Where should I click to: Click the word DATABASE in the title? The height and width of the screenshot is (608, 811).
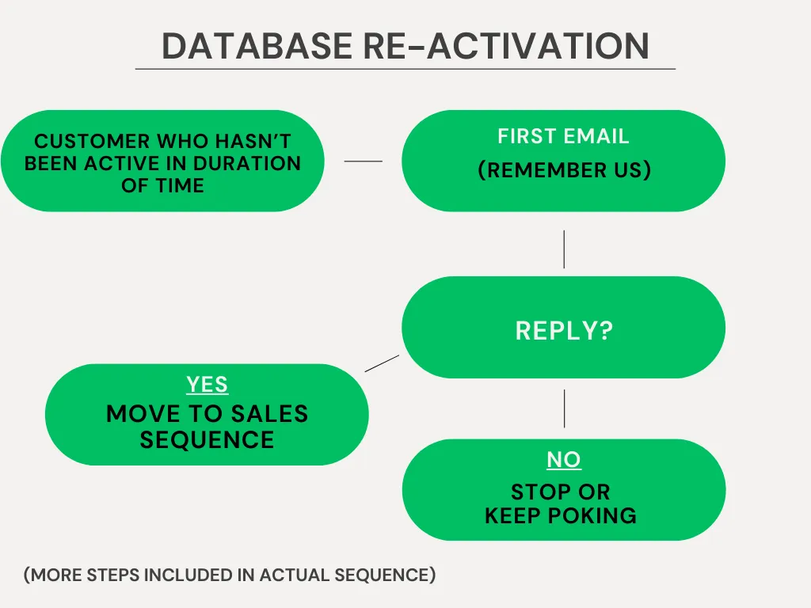[x=257, y=46]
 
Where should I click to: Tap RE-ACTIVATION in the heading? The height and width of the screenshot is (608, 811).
[x=506, y=46]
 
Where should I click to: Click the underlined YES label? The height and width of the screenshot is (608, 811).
[x=207, y=385]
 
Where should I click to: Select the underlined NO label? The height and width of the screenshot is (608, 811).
[x=564, y=460]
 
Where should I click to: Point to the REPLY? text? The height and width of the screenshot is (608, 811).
[x=564, y=330]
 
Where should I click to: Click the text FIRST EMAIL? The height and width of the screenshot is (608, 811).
[x=563, y=136]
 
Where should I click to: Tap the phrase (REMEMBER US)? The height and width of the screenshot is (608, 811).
[x=564, y=170]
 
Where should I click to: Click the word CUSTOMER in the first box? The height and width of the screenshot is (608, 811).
[x=92, y=141]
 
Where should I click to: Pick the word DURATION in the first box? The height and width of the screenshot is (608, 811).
[x=247, y=163]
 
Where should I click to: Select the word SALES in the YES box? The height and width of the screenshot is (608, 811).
[x=269, y=413]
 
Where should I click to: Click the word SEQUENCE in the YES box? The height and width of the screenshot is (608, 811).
[x=207, y=440]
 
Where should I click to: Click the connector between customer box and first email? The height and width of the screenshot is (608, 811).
[x=363, y=161]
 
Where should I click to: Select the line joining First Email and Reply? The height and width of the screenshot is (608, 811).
[x=564, y=249]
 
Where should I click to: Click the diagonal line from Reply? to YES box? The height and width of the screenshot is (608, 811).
[x=382, y=363]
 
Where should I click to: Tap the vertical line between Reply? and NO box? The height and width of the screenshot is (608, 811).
[x=564, y=408]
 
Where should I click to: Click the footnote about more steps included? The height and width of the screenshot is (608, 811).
[x=230, y=575]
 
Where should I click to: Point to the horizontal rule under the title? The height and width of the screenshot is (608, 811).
[x=405, y=69]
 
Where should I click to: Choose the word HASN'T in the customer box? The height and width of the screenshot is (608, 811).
[x=253, y=141]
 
